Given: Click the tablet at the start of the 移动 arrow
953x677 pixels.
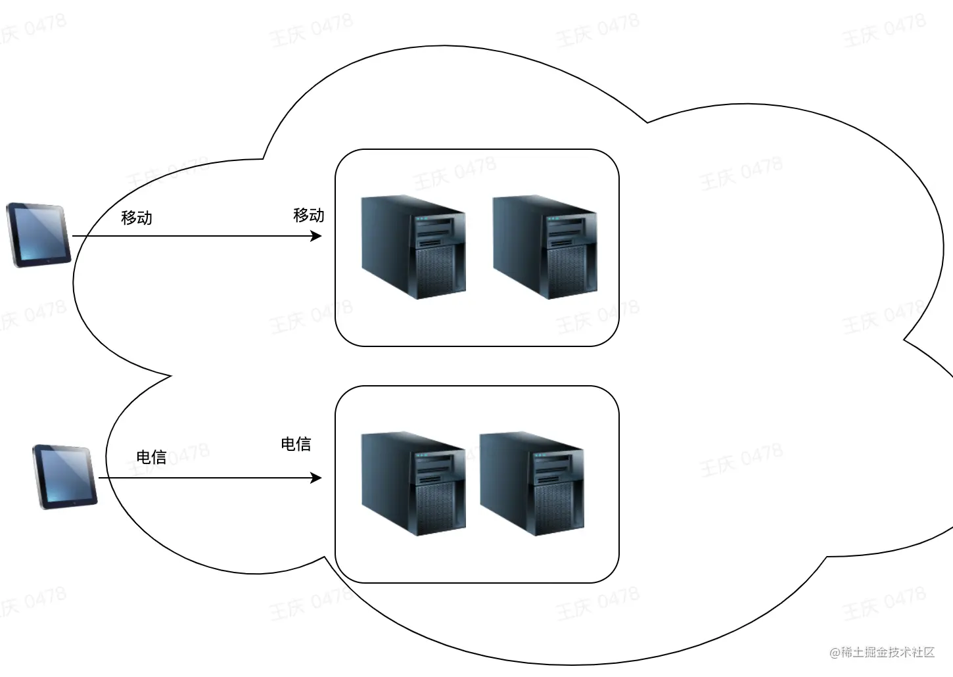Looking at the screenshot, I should tap(38, 235).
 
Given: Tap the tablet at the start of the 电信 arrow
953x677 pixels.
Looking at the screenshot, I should tap(65, 477).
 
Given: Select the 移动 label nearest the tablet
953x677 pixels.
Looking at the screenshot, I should tap(137, 218).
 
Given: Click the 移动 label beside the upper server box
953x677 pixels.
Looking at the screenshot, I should tap(309, 215).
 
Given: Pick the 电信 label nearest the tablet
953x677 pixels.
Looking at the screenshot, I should tap(151, 457).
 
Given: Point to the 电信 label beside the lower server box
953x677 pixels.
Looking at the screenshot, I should tap(296, 444).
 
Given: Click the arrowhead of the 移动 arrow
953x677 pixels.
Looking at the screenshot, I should tap(317, 236).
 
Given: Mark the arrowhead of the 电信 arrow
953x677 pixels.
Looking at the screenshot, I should tap(317, 478).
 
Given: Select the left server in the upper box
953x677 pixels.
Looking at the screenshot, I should tap(413, 246).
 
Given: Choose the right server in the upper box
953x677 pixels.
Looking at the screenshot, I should tap(545, 246).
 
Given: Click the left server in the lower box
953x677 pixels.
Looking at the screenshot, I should tap(413, 483).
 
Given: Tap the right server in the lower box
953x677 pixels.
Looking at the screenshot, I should tap(532, 483).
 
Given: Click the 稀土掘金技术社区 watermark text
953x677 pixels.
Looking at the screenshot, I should tap(887, 652).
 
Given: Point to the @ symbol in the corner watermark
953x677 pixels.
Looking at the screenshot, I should tap(835, 653).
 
